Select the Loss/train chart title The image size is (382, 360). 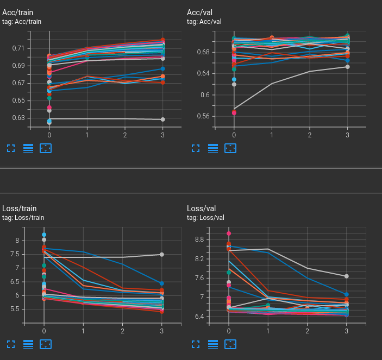pos(20,209)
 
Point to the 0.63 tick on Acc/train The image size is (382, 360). pos(18,118)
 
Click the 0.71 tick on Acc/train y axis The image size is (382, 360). pos(18,48)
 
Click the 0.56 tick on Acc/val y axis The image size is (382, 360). pos(202,116)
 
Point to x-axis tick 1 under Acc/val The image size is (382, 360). pos(272,134)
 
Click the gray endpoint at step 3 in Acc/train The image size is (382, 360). pos(162,119)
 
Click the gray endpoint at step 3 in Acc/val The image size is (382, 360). pos(347,67)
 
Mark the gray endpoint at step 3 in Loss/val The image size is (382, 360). pos(347,276)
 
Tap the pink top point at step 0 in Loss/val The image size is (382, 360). pos(229,233)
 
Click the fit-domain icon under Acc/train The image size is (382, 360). pos(46,148)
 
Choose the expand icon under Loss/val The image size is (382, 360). pos(196,344)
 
